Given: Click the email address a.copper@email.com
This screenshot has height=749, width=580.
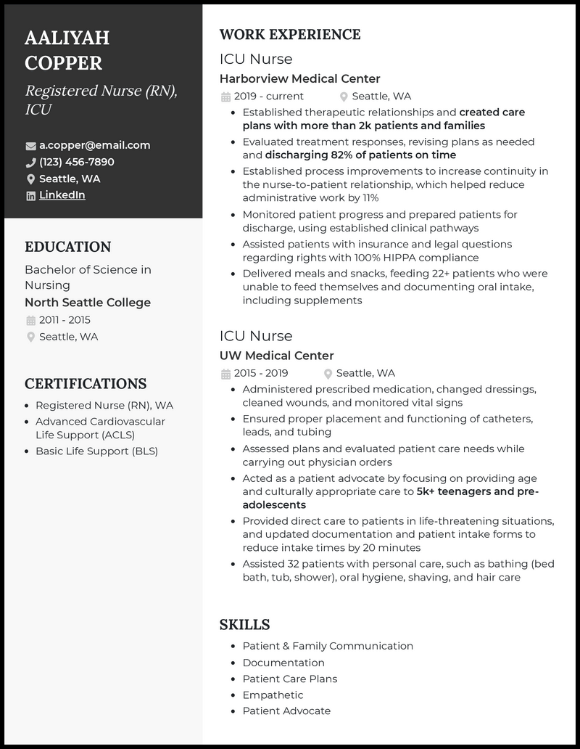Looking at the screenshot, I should [94, 145].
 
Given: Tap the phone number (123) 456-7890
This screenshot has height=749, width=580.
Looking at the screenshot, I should [76, 162].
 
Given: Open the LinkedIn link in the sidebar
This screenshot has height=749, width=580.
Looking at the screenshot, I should [62, 195].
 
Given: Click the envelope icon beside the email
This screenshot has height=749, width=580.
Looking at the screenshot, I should [30, 146].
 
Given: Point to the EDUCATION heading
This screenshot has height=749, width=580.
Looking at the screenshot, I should [67, 247].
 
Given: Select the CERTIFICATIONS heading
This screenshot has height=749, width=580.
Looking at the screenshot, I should [86, 383].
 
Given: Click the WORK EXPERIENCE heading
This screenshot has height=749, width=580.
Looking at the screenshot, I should [289, 34].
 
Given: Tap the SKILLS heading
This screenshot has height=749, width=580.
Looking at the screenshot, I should [244, 624].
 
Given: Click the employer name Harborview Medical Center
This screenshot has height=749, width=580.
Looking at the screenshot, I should [299, 78].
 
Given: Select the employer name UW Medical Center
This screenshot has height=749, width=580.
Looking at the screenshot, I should [276, 356].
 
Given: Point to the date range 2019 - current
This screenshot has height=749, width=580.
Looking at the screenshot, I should [268, 96].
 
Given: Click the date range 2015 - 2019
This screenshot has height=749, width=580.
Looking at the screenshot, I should [260, 373].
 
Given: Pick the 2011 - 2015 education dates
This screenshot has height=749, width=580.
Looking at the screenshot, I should [65, 320].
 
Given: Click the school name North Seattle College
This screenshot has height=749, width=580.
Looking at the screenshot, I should [88, 303].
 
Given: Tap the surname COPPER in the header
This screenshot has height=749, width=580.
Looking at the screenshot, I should [63, 62].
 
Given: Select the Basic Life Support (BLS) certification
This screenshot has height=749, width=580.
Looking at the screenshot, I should [96, 451].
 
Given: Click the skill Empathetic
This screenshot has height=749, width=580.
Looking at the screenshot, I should [273, 695].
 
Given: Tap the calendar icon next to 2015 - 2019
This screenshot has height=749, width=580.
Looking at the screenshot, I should [225, 374].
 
